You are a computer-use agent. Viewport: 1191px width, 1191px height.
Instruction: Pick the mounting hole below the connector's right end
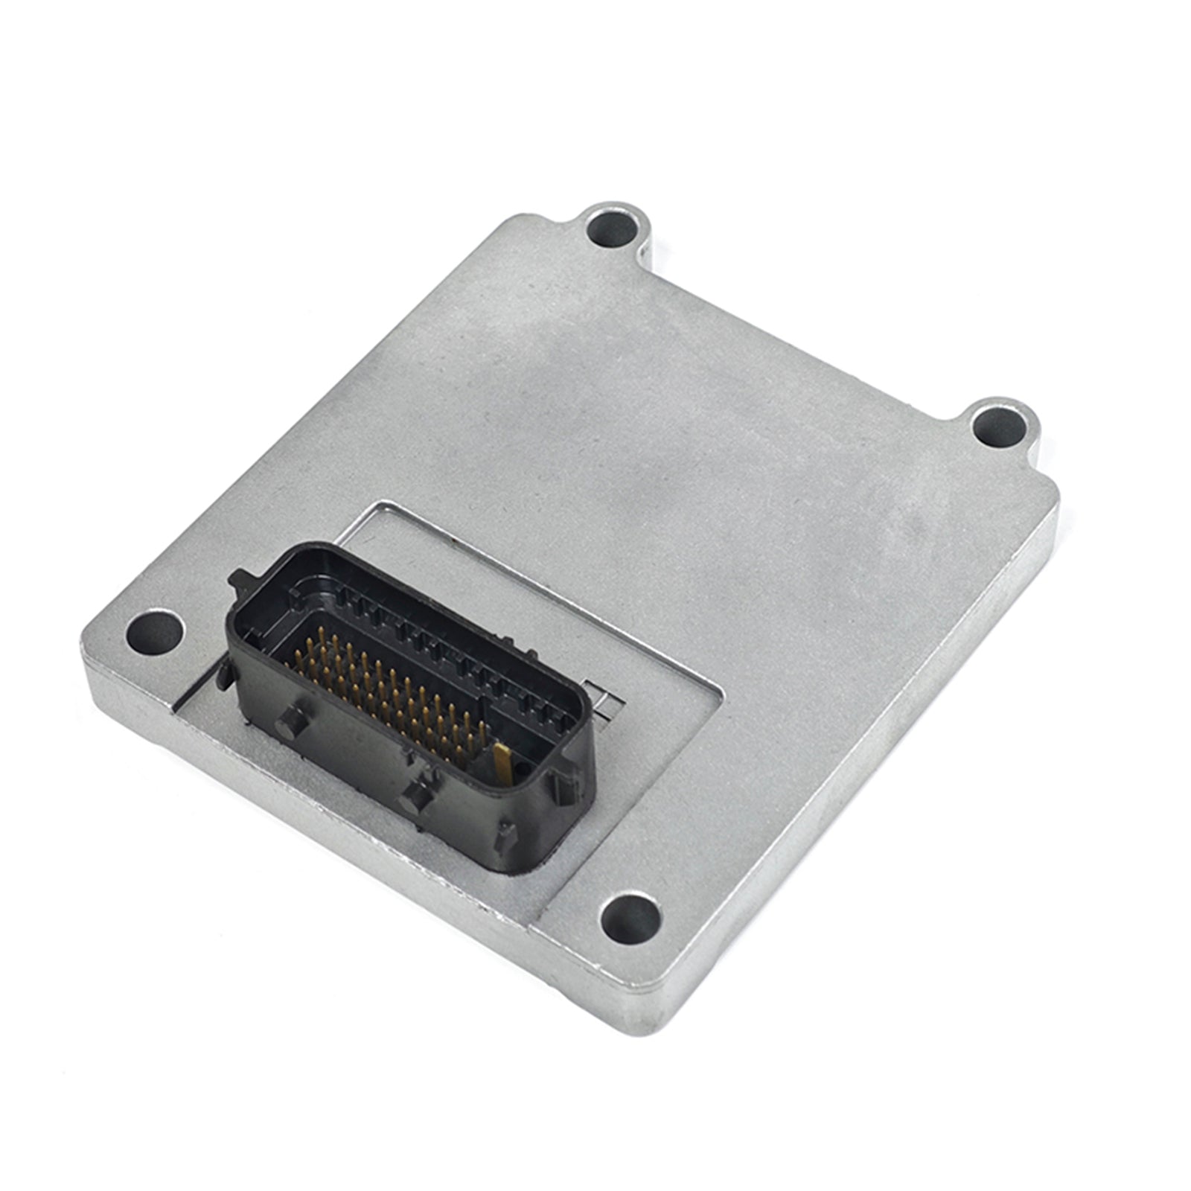coord(630,917)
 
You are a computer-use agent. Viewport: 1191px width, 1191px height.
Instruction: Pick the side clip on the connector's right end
coord(558,785)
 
